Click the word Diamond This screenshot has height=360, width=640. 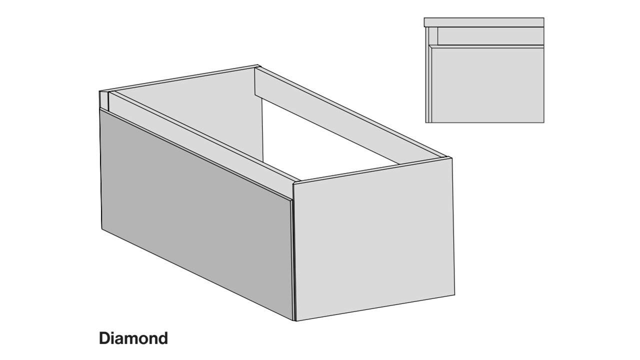(x=133, y=338)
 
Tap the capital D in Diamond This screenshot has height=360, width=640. (x=104, y=338)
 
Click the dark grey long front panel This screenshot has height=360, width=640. (x=196, y=214)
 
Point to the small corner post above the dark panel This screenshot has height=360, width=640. (x=103, y=100)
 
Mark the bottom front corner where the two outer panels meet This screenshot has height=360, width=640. (x=295, y=321)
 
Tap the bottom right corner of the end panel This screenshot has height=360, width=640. (x=455, y=294)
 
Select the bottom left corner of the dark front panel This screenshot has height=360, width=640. (x=102, y=228)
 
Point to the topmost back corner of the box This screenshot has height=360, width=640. (x=257, y=65)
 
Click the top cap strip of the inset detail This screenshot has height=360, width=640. (x=484, y=22)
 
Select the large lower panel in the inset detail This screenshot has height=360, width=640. (x=487, y=85)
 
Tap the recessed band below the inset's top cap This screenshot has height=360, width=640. (x=491, y=36)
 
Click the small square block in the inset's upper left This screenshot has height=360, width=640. (x=433, y=36)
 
